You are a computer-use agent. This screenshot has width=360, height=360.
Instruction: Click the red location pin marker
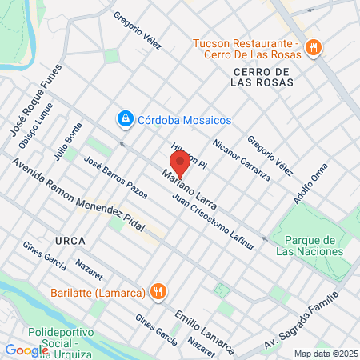(180, 163)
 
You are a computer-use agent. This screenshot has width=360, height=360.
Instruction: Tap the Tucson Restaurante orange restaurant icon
(314, 47)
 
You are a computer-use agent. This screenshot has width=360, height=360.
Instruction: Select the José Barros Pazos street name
(115, 177)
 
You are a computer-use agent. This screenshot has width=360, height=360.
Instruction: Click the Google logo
(26, 350)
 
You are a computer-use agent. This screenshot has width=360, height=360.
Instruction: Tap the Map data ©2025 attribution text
(324, 354)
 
